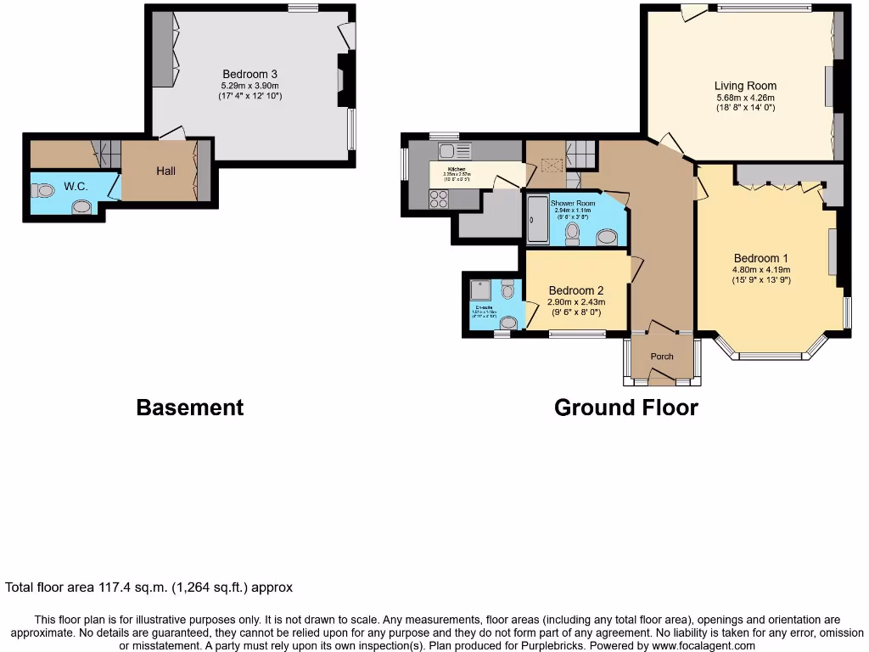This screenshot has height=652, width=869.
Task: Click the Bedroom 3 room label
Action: pos(250,73)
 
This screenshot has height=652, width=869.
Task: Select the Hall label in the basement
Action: pos(165,171)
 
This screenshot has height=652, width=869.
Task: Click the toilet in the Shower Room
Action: pos(573,233)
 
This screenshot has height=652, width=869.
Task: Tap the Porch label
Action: pos(662,356)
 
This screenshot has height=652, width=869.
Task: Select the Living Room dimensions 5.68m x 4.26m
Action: pos(744,97)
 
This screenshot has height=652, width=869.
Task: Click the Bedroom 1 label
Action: pos(761,258)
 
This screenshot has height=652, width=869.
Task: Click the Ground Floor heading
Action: pos(625,407)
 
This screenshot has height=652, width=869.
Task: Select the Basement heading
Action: pos(189,407)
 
